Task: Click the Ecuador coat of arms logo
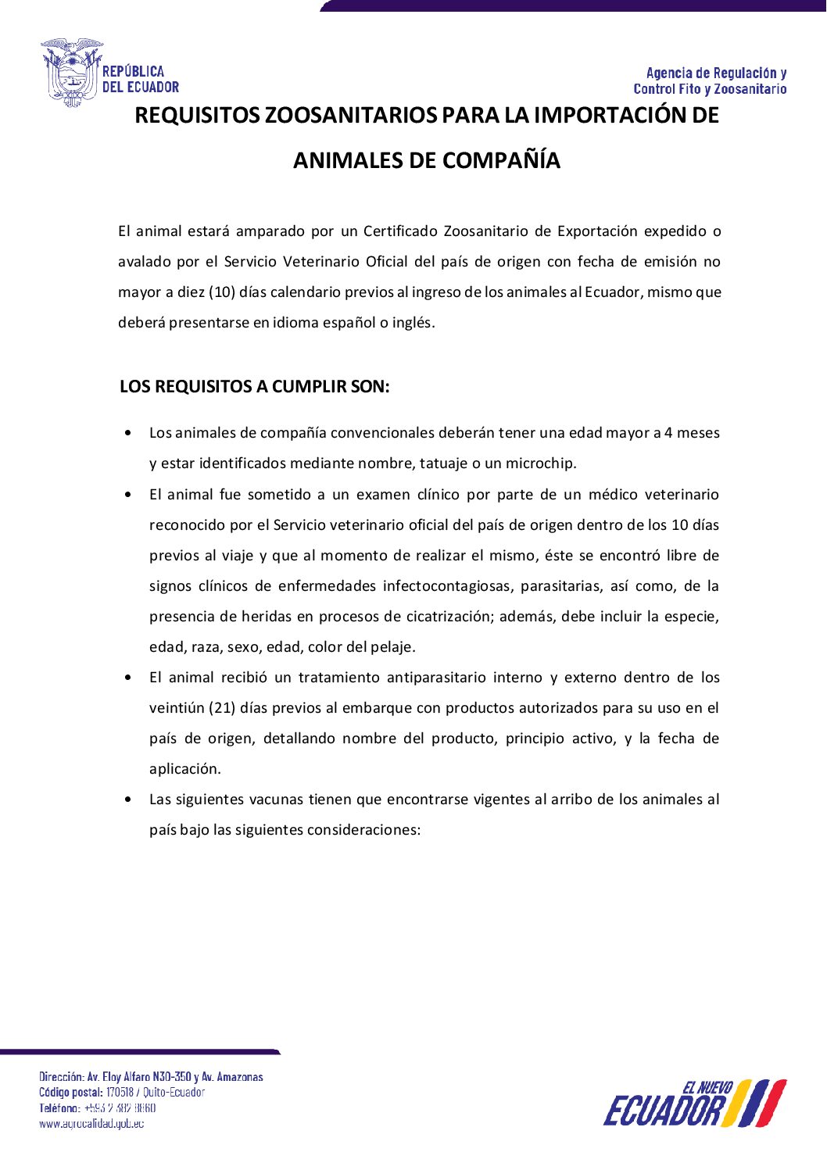click(x=72, y=73)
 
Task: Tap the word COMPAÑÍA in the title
click(x=500, y=160)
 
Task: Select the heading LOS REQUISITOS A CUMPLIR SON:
click(x=254, y=387)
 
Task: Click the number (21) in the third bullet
click(x=222, y=708)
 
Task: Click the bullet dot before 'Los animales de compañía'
click(x=128, y=433)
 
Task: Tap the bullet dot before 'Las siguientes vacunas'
click(x=128, y=800)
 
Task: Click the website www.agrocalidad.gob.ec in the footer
click(x=91, y=1124)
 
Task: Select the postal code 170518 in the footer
click(x=120, y=1093)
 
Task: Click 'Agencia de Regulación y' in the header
click(x=716, y=73)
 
